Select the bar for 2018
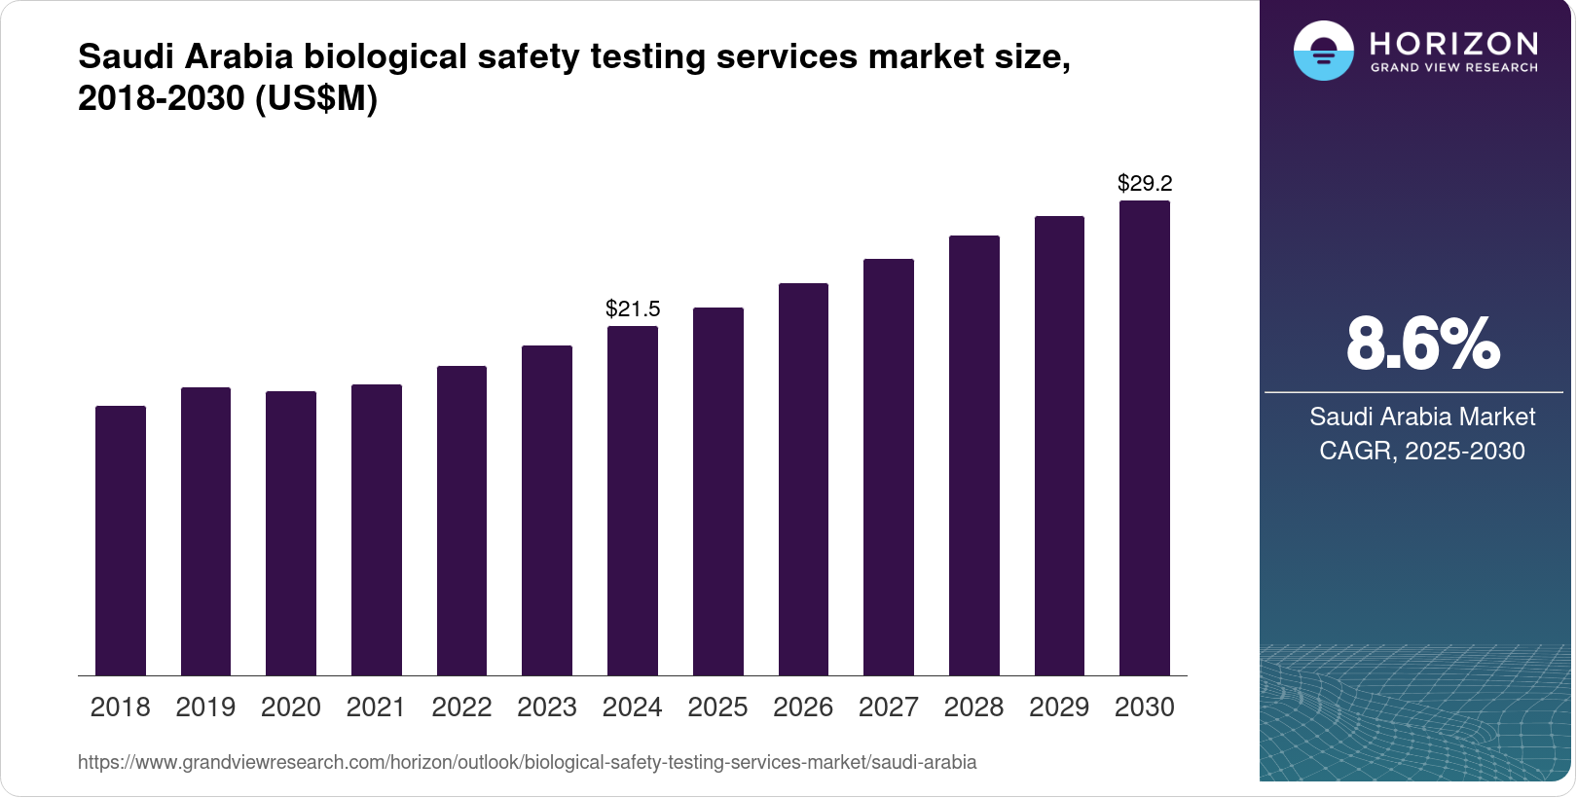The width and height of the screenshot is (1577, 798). (121, 541)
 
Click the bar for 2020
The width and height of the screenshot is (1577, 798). (291, 533)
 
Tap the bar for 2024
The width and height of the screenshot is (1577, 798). (633, 501)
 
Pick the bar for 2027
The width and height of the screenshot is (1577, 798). (889, 467)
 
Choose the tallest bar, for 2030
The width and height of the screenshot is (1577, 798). (1145, 438)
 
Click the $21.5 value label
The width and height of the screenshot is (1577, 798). (633, 309)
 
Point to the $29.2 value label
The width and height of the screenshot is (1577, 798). (1145, 183)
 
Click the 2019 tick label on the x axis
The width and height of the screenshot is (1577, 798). (205, 707)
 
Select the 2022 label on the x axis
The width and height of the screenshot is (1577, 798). (461, 707)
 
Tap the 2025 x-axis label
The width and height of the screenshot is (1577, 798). (717, 707)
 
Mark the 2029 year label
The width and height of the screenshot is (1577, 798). (1059, 707)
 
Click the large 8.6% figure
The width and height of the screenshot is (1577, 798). (1422, 344)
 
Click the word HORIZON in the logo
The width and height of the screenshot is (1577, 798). (1453, 44)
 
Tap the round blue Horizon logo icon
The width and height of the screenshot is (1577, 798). (1323, 51)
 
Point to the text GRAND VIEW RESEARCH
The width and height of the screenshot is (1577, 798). (1453, 68)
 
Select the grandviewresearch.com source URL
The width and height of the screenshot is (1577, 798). (527, 763)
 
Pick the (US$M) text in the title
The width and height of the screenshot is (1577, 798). (315, 99)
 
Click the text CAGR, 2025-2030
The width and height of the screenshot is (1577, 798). (1422, 452)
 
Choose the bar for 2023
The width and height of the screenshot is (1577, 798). (547, 511)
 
